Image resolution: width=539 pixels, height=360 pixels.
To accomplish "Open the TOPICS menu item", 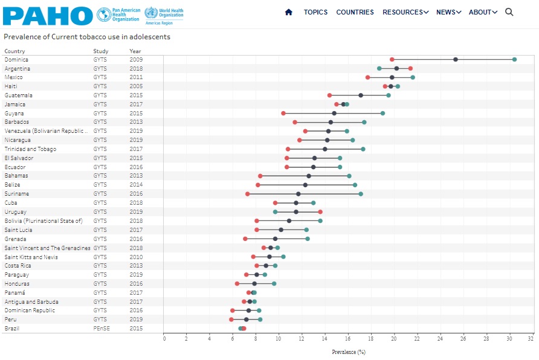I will click(315, 12).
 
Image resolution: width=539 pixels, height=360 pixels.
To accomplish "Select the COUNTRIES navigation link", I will click(355, 12).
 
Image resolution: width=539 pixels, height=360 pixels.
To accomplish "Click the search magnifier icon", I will click(509, 12).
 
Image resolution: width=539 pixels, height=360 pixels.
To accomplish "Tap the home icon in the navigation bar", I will click(288, 12).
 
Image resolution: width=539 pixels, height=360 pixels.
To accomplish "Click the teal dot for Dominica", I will click(514, 59).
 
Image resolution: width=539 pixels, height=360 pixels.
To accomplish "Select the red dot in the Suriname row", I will click(248, 194).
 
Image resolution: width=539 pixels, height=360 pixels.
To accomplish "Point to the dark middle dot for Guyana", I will click(334, 113).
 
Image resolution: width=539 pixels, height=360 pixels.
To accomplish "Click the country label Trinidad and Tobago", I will click(31, 149).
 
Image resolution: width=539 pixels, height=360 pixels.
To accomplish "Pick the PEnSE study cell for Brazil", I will click(102, 329).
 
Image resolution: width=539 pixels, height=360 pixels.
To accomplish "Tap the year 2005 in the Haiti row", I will click(136, 86).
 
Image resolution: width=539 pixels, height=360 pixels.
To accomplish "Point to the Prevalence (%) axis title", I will click(349, 352).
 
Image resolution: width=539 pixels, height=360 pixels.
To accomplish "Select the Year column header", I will click(135, 51).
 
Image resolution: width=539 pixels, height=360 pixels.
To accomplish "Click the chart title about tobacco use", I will click(87, 37).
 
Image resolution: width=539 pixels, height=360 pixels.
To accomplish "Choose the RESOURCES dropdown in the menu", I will click(405, 12).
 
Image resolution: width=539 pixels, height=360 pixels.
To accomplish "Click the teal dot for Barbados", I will click(364, 122).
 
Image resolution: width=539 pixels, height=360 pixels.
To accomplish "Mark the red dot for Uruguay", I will click(320, 212).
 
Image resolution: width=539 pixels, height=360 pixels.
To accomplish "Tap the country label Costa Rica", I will click(19, 266).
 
